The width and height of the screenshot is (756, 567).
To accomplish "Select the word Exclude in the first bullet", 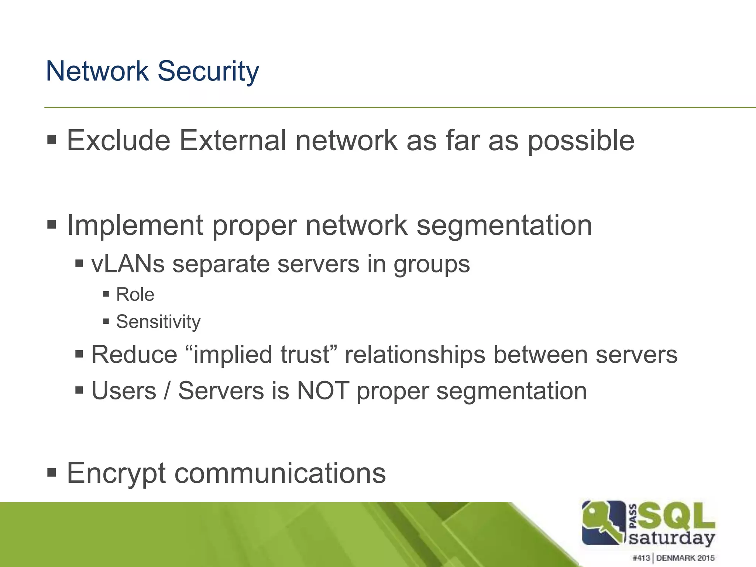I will click(118, 141).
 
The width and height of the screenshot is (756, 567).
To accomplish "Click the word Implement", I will click(135, 226).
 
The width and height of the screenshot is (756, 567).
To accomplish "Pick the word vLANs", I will click(128, 264).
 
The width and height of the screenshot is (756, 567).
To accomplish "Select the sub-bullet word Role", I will click(135, 295).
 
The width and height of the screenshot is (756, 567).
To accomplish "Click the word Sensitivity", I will click(158, 322).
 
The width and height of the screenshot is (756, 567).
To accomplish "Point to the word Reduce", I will click(134, 355).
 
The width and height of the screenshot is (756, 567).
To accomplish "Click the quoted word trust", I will click(305, 355).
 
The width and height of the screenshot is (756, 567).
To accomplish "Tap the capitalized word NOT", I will click(323, 391).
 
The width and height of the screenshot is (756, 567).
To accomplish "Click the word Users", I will click(124, 391).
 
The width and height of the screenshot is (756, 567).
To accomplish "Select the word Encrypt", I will click(116, 474).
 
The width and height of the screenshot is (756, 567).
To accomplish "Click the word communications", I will click(280, 474).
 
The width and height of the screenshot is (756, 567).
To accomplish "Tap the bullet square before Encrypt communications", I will click(52, 472).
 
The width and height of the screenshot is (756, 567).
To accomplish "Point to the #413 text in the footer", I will click(641, 558).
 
